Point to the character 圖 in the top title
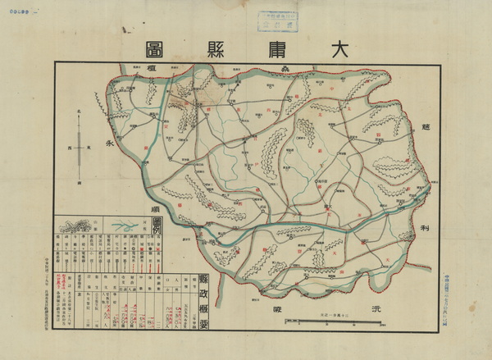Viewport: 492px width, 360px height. coord(148,47)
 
